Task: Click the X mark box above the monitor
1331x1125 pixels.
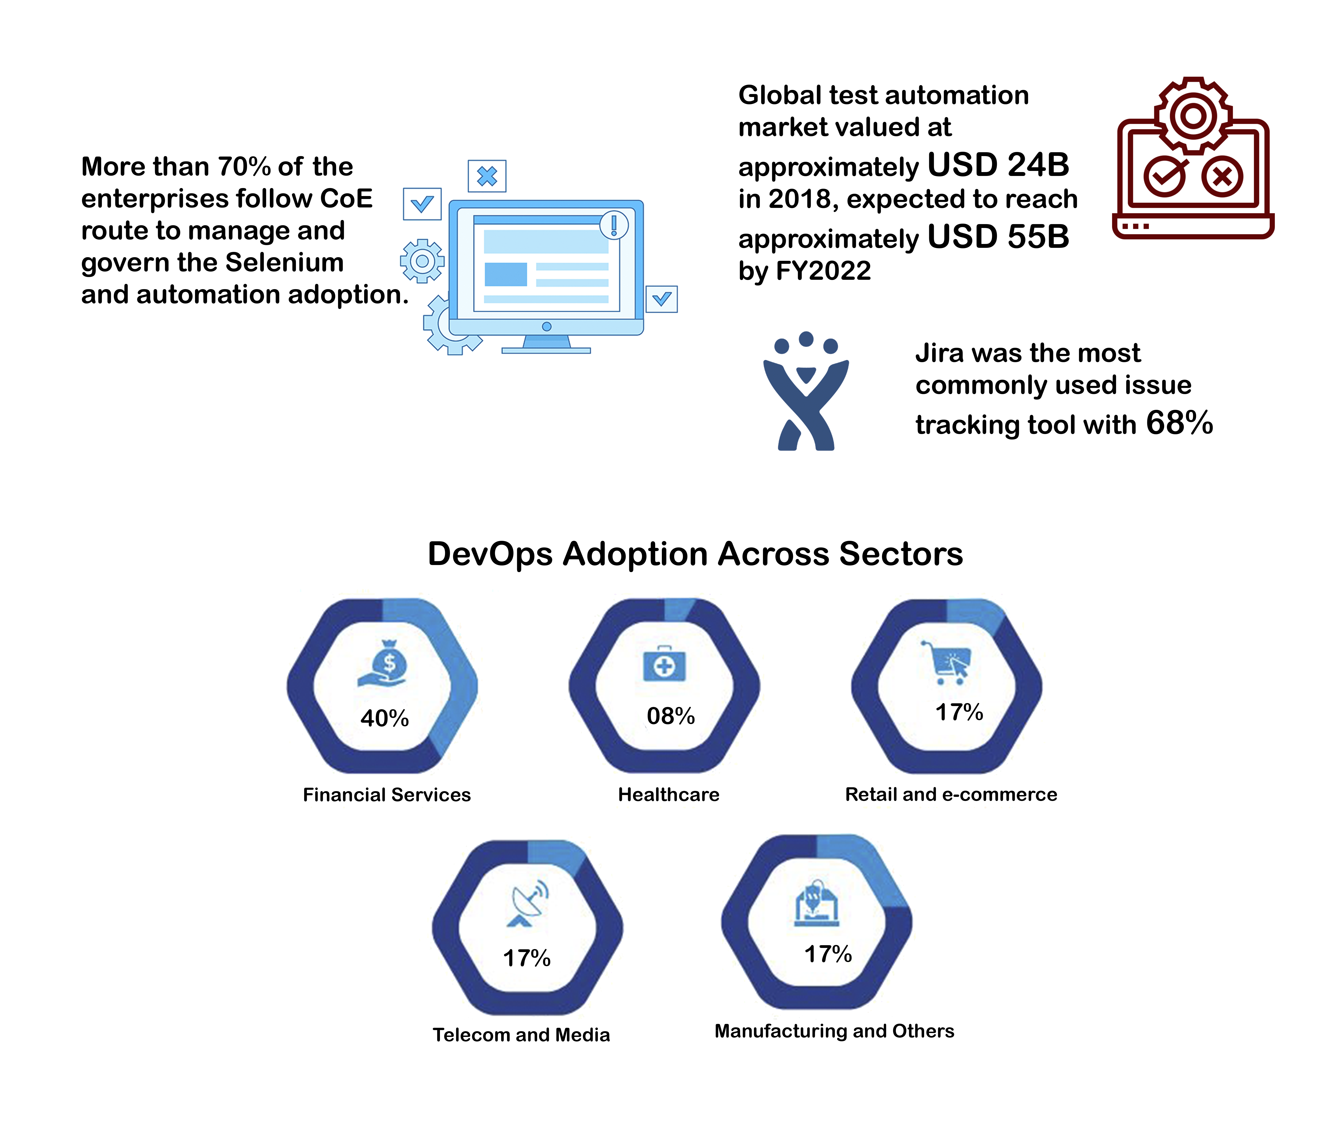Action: (x=487, y=176)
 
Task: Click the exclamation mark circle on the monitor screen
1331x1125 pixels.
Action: (x=614, y=225)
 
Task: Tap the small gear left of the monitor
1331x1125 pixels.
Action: (x=422, y=261)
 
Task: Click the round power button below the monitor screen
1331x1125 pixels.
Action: (x=546, y=327)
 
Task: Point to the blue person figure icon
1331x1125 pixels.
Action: (x=806, y=390)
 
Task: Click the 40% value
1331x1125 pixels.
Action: (x=384, y=718)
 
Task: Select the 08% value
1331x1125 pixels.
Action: (x=671, y=716)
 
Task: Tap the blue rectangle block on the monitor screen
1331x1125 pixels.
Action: (x=505, y=274)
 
